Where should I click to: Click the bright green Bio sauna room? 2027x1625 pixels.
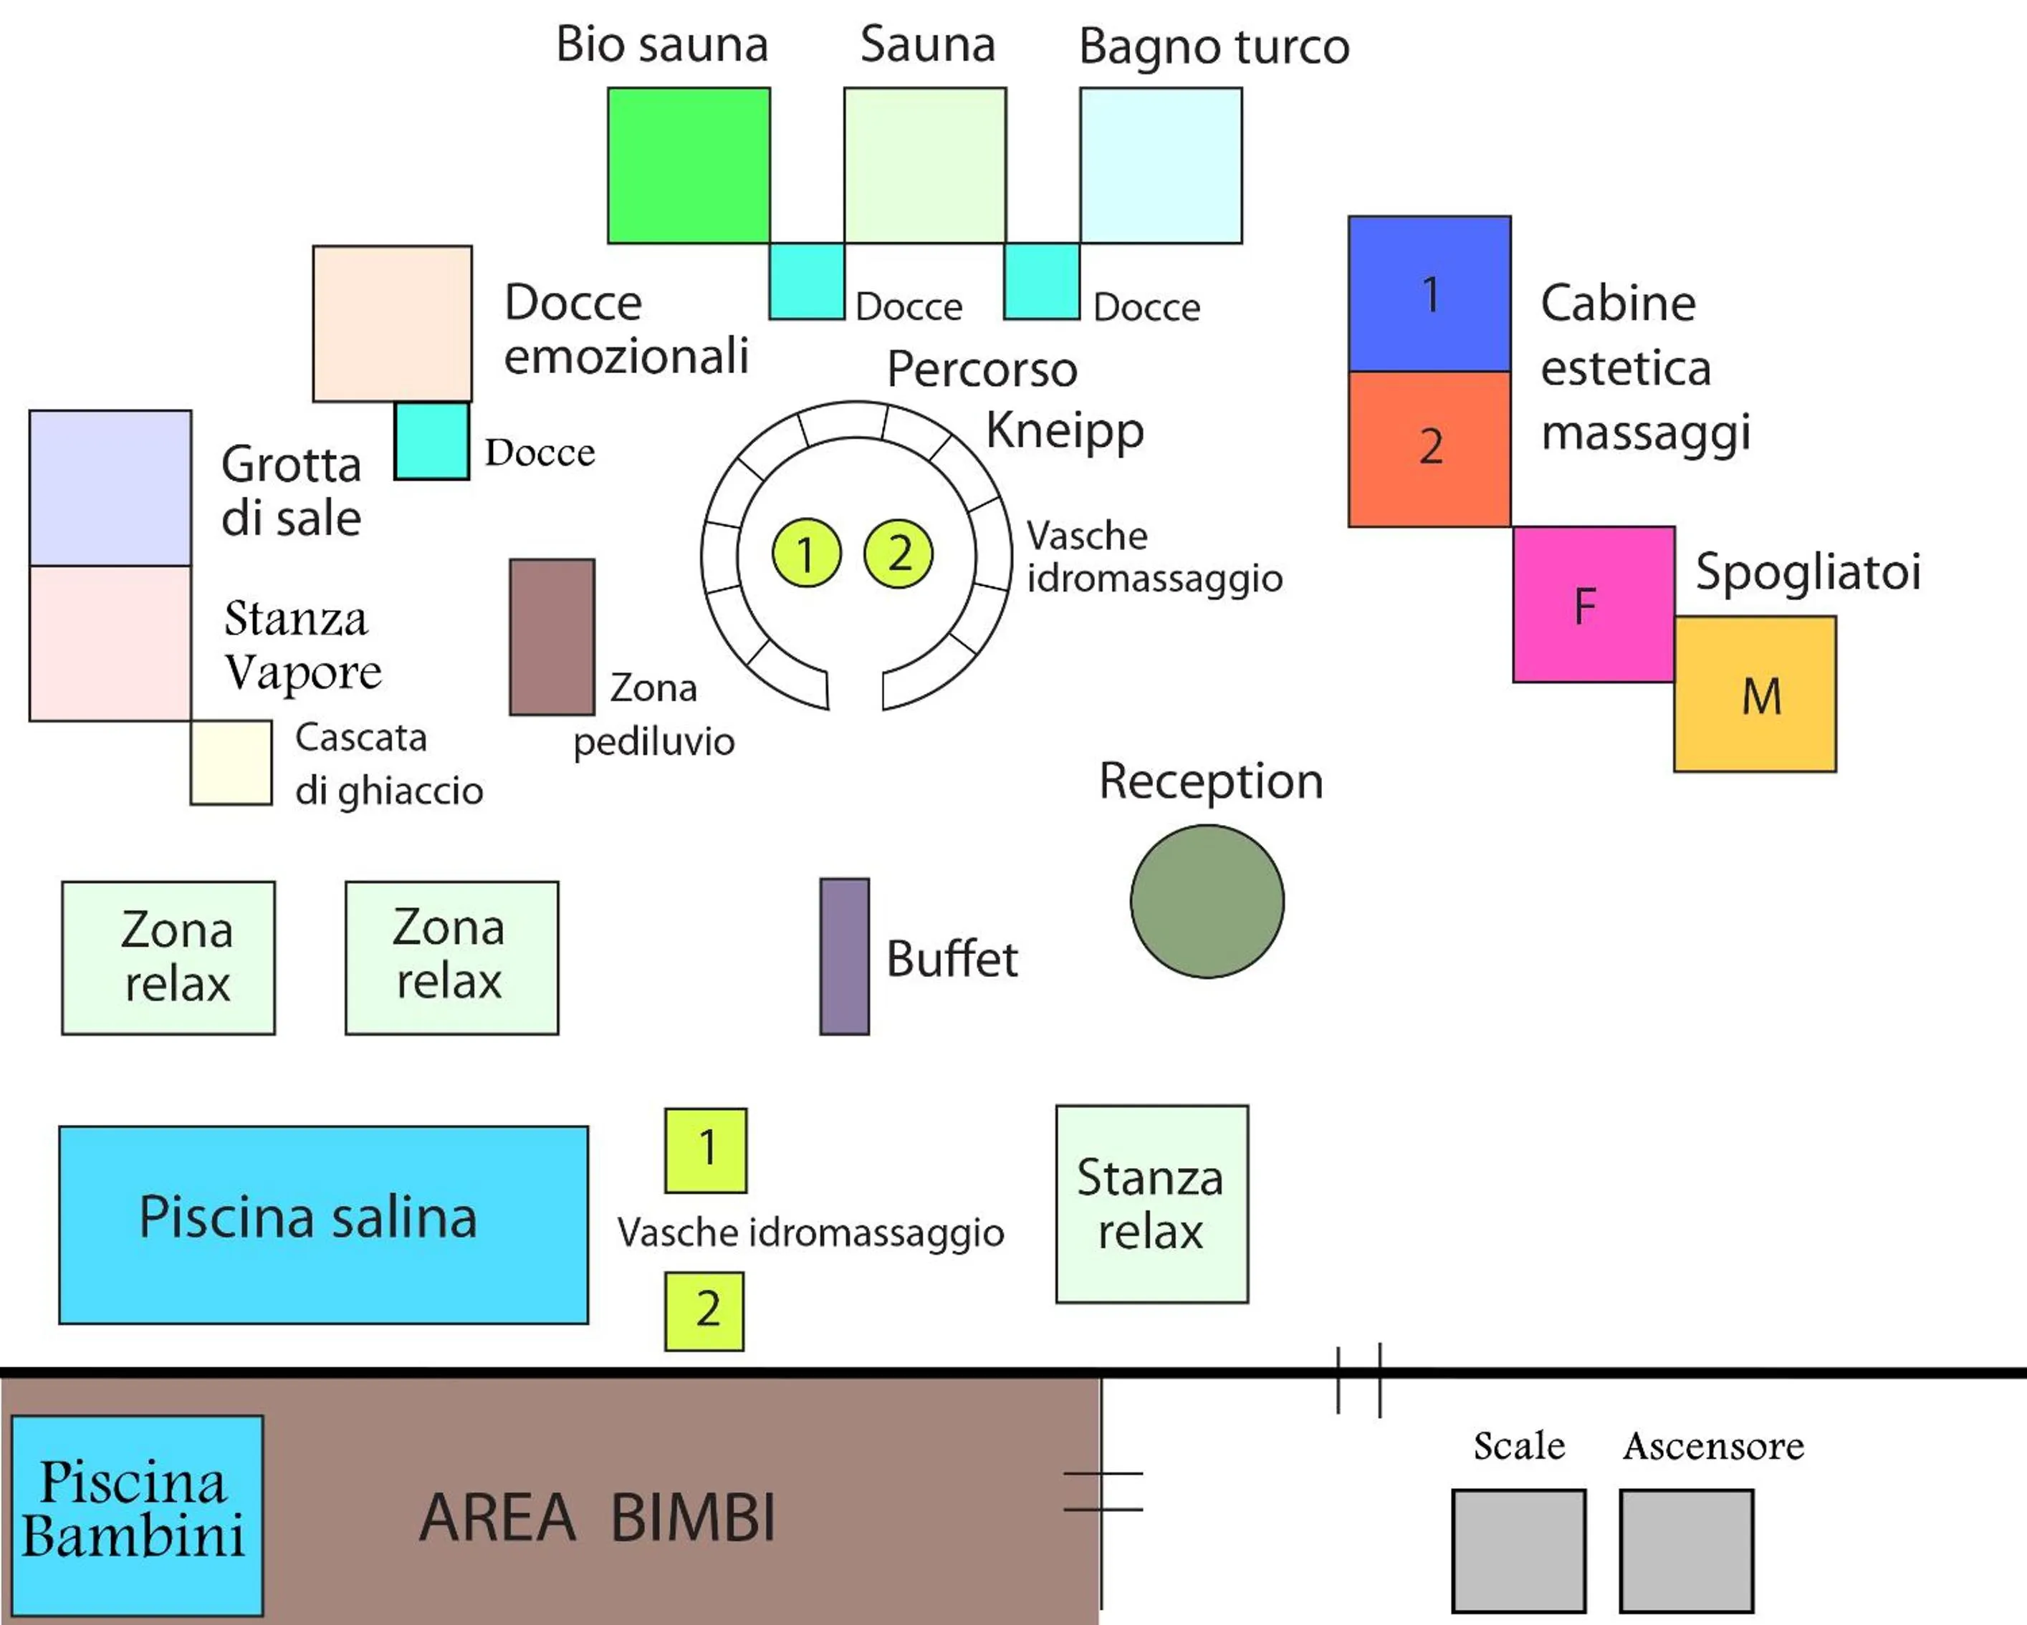tap(688, 165)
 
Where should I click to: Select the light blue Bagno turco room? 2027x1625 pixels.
tap(1160, 165)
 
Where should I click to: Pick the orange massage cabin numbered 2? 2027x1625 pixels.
tap(1429, 448)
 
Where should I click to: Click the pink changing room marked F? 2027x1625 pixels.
tap(1593, 604)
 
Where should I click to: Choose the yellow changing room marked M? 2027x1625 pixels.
tap(1754, 695)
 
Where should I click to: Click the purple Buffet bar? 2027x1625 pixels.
tap(844, 957)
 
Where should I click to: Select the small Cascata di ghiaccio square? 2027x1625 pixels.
tap(231, 762)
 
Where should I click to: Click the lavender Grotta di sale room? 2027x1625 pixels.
tap(110, 488)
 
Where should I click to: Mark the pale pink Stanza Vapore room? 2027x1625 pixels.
tap(110, 643)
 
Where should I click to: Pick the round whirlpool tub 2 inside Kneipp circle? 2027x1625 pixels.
tap(898, 554)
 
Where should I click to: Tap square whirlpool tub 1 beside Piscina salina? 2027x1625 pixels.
tap(705, 1150)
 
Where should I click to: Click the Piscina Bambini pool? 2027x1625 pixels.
tap(138, 1515)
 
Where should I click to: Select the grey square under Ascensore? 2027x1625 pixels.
tap(1686, 1551)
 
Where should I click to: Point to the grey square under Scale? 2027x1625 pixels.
tap(1518, 1551)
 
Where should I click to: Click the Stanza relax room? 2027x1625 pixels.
tap(1151, 1204)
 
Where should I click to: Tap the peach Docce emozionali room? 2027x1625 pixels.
tap(392, 323)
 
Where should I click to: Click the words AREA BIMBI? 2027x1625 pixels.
tap(598, 1517)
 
